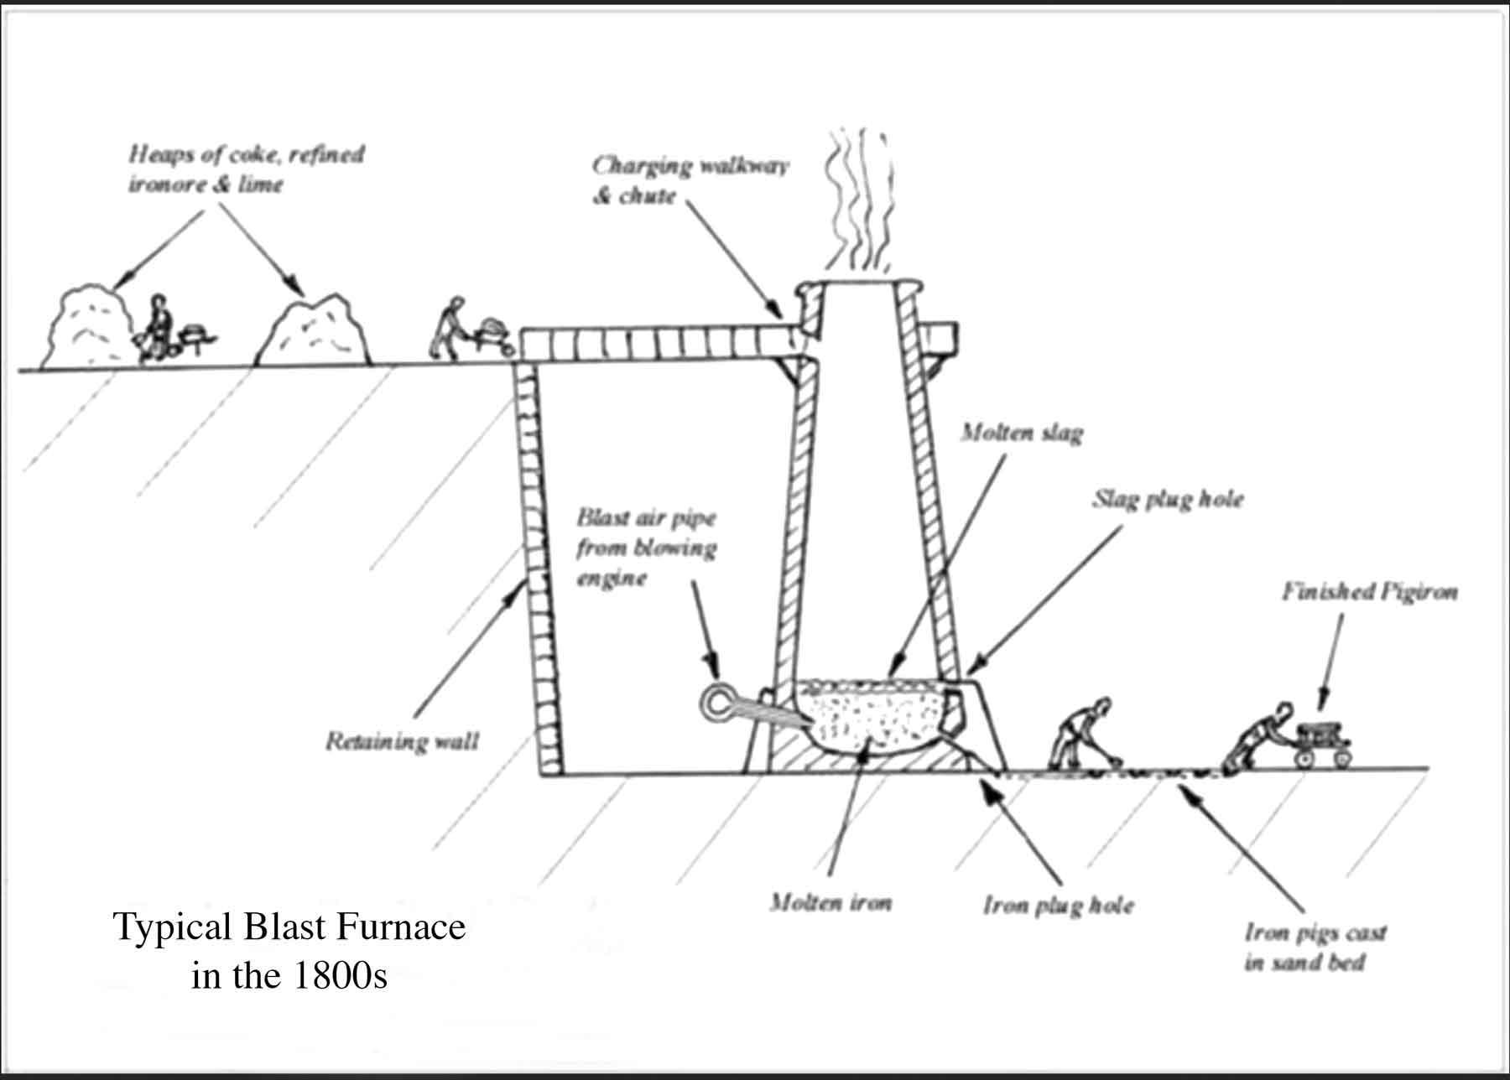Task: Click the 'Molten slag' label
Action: click(1022, 433)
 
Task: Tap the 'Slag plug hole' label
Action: click(1167, 500)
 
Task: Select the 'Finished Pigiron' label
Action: click(1369, 592)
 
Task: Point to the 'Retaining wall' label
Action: click(402, 741)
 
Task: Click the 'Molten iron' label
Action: click(830, 903)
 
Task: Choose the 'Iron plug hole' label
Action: click(1059, 906)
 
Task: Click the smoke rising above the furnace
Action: click(857, 201)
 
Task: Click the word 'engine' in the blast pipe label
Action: click(611, 579)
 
